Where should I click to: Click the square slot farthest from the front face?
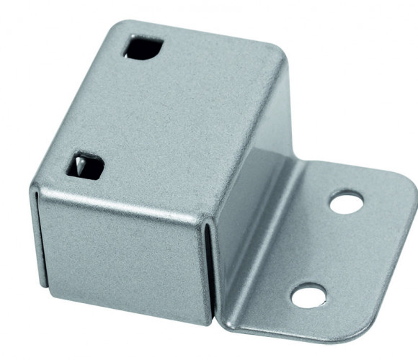(143, 48)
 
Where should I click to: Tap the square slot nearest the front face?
(85, 166)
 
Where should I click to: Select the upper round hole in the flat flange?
(346, 202)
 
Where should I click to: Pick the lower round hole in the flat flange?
(308, 294)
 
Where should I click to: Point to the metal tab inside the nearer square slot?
(79, 166)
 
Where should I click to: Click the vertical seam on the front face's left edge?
(34, 238)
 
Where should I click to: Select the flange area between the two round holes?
(328, 248)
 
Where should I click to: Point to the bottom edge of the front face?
(123, 310)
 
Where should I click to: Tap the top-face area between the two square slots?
(115, 108)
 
